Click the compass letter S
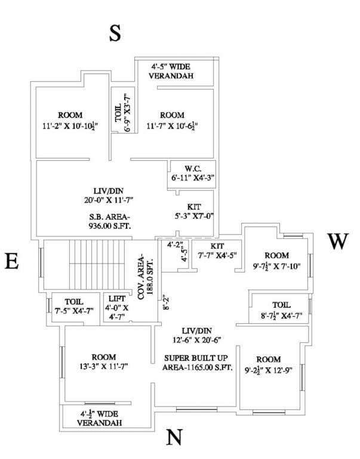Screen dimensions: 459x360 click(115, 34)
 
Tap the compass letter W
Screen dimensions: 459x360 click(337, 242)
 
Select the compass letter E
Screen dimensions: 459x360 click(11, 262)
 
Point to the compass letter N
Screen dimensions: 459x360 click(174, 438)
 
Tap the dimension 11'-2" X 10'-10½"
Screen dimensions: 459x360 click(70, 126)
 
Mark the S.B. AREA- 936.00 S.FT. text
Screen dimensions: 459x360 click(100, 221)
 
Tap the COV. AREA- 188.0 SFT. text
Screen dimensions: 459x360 click(146, 277)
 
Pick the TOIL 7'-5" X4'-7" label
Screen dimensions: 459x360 click(70, 307)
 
